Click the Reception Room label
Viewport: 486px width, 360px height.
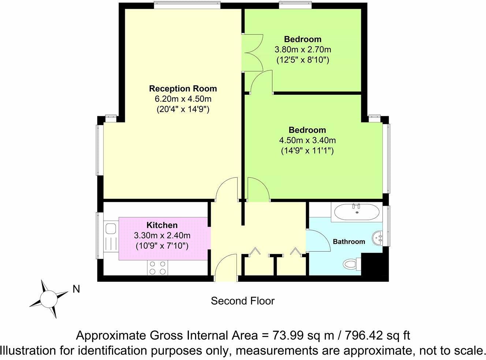point(183,89)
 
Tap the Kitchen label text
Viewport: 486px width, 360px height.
point(162,225)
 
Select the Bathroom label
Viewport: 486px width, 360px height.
point(349,241)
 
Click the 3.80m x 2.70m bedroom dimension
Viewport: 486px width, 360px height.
point(303,49)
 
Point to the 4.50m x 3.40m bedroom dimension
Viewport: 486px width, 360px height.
point(307,140)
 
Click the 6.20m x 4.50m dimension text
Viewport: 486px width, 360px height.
point(183,99)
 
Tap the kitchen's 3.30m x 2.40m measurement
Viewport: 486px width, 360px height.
point(162,236)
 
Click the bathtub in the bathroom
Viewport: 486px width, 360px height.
point(357,212)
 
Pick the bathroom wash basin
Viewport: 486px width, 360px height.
point(377,238)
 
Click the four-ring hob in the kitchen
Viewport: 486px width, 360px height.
point(157,267)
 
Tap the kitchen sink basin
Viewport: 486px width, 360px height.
point(111,229)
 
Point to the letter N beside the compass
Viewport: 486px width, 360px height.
point(76,289)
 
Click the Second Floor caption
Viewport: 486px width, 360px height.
point(243,301)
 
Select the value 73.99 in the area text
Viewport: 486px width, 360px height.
point(288,335)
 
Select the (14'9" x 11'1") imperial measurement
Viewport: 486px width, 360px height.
point(307,151)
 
